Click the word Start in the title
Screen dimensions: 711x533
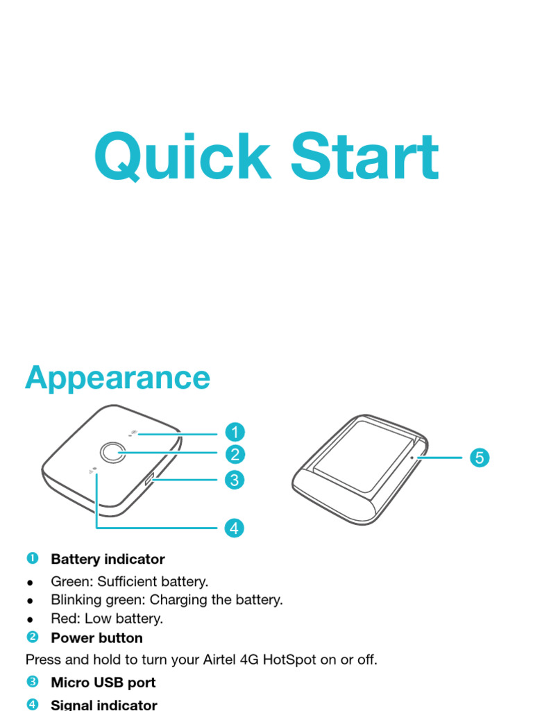[x=364, y=157]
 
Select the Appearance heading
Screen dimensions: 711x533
[x=117, y=378]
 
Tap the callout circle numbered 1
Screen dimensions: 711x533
[x=235, y=433]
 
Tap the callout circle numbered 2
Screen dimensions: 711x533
[x=235, y=455]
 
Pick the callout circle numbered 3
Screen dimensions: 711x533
[x=235, y=480]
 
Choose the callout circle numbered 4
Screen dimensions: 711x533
[x=235, y=528]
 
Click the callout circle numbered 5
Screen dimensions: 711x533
[x=479, y=458]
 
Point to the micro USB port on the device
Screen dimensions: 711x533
[x=150, y=479]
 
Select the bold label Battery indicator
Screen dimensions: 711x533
[x=108, y=559]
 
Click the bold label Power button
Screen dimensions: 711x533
[x=96, y=637]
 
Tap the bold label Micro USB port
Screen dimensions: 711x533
[x=103, y=683]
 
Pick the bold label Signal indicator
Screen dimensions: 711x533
[x=104, y=705]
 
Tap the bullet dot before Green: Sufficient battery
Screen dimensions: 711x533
[x=30, y=582]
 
